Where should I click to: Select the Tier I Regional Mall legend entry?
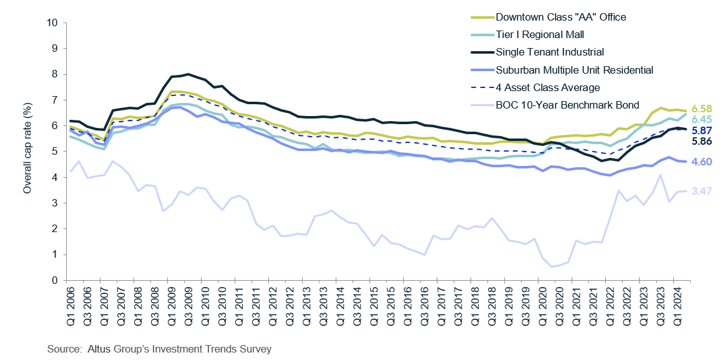[x=539, y=34]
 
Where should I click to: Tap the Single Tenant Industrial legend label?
[x=549, y=52]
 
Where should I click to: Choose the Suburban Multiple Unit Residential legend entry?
[x=574, y=70]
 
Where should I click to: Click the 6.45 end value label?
[x=701, y=120]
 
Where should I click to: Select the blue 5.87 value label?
[x=701, y=131]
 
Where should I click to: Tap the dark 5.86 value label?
[x=701, y=142]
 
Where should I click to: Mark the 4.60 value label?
[x=701, y=162]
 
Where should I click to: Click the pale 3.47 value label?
[x=701, y=191]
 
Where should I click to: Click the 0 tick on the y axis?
[x=56, y=281]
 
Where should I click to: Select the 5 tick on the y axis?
[x=56, y=152]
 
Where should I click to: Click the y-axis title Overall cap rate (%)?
[x=27, y=152]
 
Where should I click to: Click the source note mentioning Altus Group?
[x=159, y=349]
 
